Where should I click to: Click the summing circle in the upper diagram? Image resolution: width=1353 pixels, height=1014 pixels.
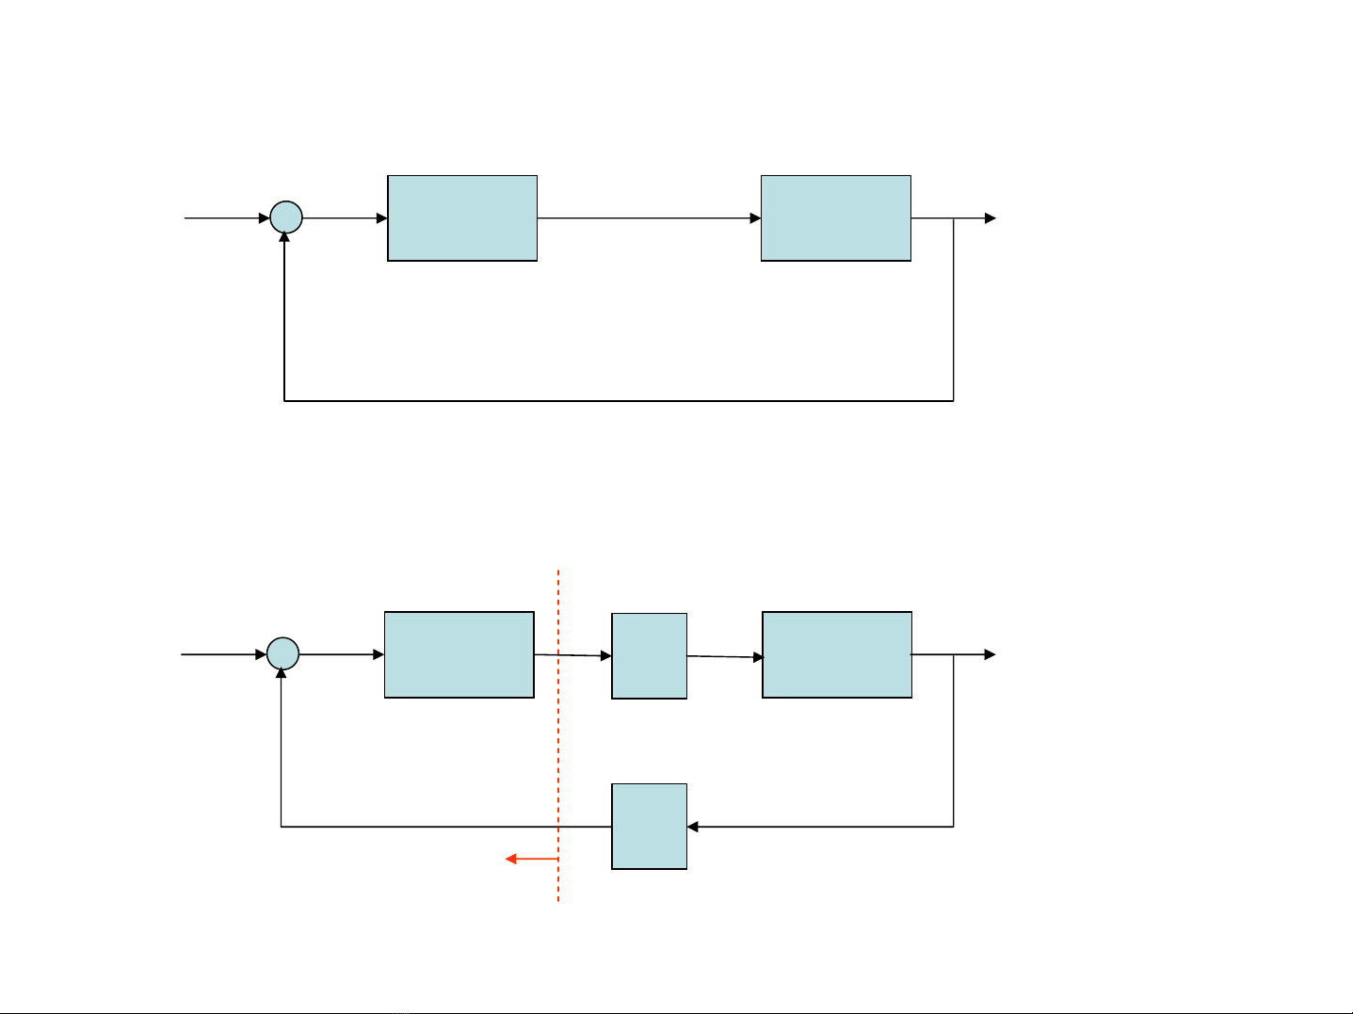click(286, 218)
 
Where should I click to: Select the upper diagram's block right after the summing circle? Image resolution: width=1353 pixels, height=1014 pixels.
click(462, 218)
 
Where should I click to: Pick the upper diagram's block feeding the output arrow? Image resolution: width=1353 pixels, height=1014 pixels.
click(835, 218)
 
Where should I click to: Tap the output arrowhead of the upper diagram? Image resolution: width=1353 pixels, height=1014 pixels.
click(990, 218)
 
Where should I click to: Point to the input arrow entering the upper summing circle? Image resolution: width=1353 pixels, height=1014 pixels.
click(227, 218)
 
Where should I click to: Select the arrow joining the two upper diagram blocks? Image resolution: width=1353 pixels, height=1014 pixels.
click(649, 218)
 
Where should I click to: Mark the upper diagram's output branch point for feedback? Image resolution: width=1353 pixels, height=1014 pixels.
click(954, 218)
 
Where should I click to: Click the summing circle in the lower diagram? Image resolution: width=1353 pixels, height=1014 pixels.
click(282, 653)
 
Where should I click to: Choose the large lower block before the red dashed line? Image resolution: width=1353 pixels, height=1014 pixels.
click(459, 654)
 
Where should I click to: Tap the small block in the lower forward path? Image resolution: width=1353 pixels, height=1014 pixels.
click(649, 655)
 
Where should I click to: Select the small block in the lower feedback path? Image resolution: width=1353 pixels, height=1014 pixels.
click(649, 826)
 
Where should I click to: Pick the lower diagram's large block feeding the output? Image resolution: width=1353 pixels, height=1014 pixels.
click(837, 654)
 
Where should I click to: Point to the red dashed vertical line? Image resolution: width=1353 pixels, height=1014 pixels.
click(558, 734)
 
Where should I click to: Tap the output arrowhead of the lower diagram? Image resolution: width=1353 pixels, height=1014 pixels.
click(990, 654)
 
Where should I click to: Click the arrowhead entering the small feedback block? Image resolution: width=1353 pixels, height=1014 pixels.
click(693, 827)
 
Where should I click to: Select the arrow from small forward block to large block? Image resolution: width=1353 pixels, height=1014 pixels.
click(724, 656)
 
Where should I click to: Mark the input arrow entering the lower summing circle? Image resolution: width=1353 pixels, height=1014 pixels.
click(224, 653)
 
